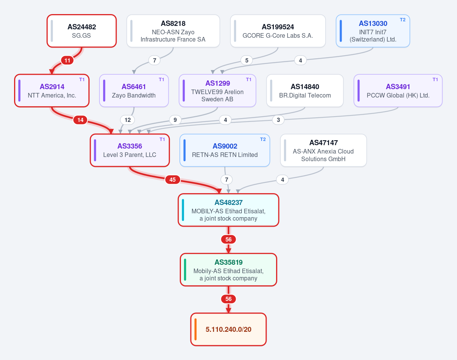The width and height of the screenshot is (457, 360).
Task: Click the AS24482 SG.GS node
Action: (81, 31)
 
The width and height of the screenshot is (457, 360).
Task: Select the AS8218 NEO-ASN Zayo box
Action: (173, 31)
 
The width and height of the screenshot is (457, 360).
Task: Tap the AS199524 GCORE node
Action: (278, 31)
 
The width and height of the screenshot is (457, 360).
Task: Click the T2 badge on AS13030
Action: (403, 20)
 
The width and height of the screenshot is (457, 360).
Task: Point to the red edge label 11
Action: (67, 60)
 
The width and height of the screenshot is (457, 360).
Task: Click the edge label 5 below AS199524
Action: (246, 60)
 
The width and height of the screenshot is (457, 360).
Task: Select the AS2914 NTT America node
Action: (52, 91)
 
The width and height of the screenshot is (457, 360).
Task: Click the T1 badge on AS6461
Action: (161, 80)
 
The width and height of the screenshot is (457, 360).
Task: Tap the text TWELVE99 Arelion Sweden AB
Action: (217, 95)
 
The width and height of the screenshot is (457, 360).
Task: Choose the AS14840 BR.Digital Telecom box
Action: (305, 91)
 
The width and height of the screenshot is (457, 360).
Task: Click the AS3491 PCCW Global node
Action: (398, 91)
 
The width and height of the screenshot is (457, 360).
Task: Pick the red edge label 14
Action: (80, 120)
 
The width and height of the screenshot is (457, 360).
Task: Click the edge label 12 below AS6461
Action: (128, 120)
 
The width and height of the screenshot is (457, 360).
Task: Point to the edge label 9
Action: (175, 120)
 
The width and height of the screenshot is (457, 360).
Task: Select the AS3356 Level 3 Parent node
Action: (130, 150)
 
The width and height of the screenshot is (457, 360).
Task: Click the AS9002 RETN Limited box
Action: (225, 150)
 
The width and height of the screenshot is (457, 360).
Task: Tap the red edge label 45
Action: (173, 179)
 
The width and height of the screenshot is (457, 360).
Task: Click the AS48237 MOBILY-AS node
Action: (228, 210)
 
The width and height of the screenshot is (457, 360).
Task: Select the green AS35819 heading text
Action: (228, 262)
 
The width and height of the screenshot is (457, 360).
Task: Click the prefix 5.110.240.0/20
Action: (228, 330)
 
